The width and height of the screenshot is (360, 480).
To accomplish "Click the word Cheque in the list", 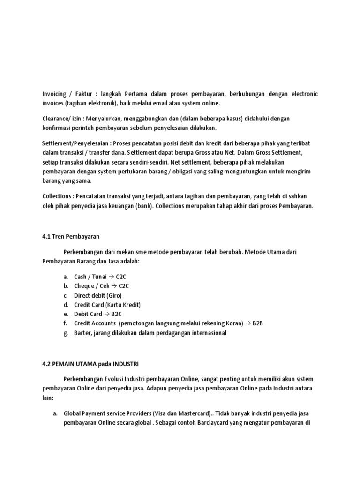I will [84, 286].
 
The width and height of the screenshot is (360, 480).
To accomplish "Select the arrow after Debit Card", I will [107, 314].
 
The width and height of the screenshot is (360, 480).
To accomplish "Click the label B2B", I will [258, 323].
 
